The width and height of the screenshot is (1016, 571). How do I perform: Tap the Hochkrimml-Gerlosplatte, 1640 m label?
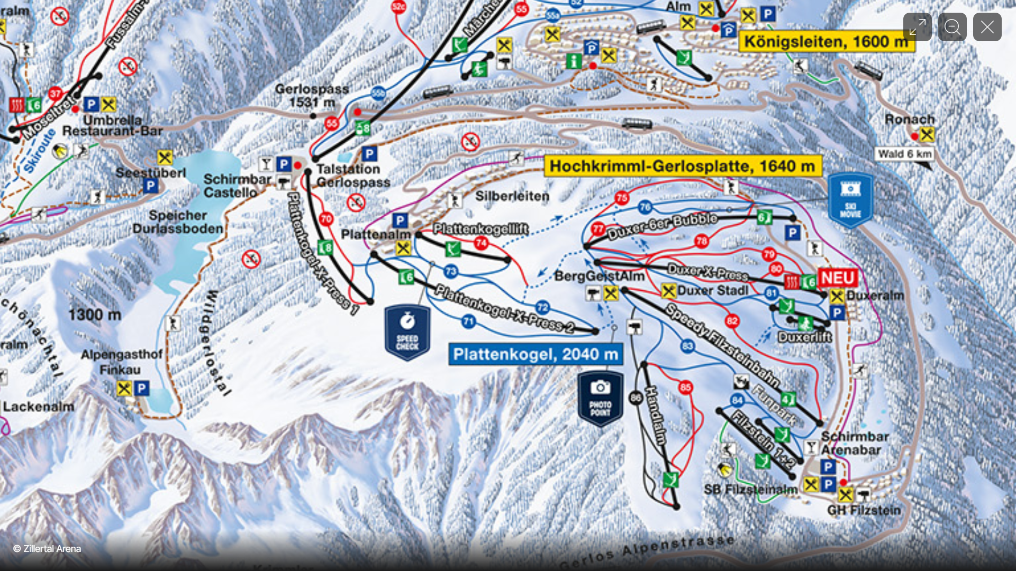[x=682, y=166]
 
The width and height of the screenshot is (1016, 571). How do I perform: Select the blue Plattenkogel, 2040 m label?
[x=535, y=354]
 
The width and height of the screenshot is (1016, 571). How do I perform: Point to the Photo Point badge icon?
[x=600, y=398]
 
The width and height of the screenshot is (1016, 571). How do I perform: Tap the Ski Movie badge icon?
[x=850, y=200]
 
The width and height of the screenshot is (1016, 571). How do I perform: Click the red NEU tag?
[x=837, y=278]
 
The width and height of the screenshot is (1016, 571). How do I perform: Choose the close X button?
[x=987, y=27]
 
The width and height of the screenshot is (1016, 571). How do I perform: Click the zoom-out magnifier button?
[x=952, y=27]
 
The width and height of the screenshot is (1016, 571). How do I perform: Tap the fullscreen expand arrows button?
[x=917, y=27]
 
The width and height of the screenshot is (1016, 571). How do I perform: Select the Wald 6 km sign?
[x=904, y=154]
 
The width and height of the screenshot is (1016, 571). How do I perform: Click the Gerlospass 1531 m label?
[x=312, y=96]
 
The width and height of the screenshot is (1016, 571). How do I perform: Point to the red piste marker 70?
[x=326, y=218]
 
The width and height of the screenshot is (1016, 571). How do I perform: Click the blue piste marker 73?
[x=450, y=271]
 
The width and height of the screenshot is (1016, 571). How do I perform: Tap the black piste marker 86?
[x=636, y=397]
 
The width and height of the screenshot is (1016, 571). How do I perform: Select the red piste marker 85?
[x=685, y=388]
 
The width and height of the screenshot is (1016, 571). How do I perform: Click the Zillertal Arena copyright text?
[x=47, y=549]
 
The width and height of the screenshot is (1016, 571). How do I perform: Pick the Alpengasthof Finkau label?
[x=121, y=362]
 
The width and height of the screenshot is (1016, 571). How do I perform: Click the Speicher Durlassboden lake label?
[x=178, y=222]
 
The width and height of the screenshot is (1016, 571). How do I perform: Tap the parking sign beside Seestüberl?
[x=150, y=186]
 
